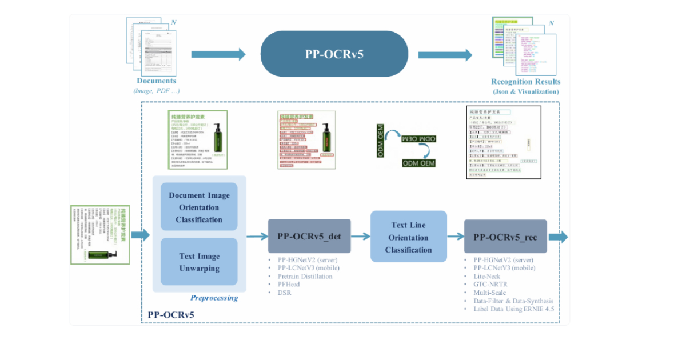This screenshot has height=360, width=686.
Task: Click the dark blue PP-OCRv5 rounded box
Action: (334, 54)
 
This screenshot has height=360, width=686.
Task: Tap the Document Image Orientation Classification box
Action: (199, 207)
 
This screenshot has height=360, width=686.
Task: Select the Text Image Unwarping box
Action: (199, 262)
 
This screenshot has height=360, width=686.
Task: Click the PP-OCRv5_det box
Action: (309, 235)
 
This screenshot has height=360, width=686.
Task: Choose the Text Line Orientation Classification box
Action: (409, 237)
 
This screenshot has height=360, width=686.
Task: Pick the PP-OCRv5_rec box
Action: (505, 237)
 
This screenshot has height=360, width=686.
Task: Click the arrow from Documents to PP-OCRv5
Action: (218, 54)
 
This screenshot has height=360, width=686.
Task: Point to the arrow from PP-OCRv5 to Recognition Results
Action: (445, 54)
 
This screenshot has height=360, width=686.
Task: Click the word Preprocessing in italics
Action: (214, 298)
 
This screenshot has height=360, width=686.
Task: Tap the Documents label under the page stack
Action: (156, 81)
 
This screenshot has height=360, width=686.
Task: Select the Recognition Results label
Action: (526, 82)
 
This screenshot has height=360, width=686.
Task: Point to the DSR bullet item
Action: (284, 293)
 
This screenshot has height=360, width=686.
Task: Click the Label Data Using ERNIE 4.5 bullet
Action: (513, 309)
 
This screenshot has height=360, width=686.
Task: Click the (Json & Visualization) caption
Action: (526, 91)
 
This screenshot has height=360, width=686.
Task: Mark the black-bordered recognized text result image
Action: (503, 142)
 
